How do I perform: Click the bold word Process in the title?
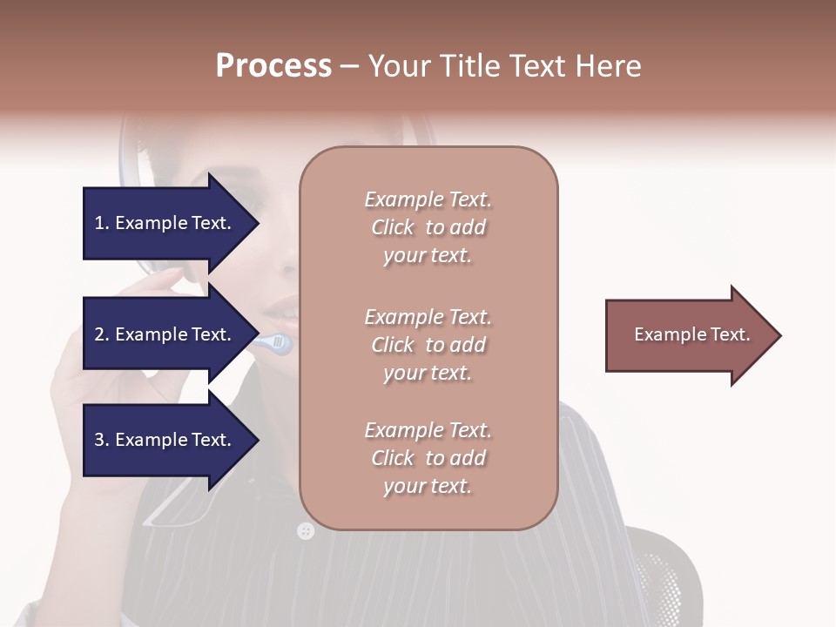coord(273,66)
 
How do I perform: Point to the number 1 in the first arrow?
coord(99,223)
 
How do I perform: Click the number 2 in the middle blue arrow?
coord(99,334)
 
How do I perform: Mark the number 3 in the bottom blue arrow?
coord(99,440)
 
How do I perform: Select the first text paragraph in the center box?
coord(428,227)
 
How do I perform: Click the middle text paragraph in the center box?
coord(428,345)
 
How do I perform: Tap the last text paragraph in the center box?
coord(428,458)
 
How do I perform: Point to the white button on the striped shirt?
coord(305,530)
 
